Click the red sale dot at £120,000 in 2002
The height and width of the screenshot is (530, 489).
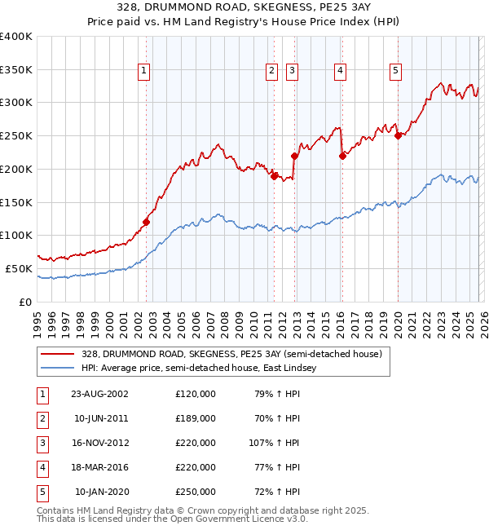click(147, 222)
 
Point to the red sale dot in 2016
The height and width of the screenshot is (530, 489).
click(342, 156)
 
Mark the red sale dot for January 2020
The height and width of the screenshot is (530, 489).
click(398, 136)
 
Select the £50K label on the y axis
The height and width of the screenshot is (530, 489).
click(19, 268)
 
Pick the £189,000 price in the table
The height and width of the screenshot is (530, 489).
click(195, 418)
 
